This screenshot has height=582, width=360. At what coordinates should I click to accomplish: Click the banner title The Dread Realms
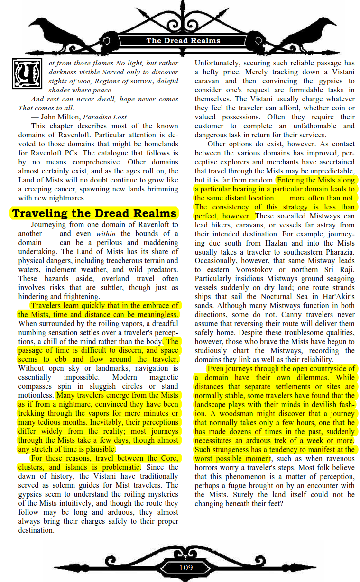click(x=183, y=41)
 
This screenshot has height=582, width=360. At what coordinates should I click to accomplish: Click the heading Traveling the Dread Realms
click(x=94, y=213)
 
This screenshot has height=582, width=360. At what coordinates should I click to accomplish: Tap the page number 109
click(x=185, y=567)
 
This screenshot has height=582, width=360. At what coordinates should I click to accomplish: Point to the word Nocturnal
click(x=290, y=297)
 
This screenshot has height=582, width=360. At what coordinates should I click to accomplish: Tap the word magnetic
click(x=164, y=377)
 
